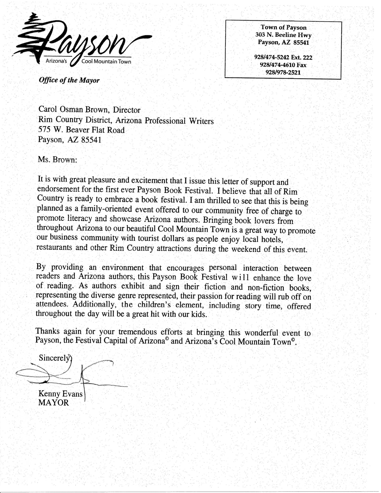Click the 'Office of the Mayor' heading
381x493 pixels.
69,80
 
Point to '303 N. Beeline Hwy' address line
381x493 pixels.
283,35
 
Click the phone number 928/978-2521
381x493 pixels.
283,73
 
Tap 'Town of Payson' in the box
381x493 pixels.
283,28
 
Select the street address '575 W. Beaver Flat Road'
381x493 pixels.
82,130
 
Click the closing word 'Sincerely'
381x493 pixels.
54,358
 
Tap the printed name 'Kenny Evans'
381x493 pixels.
60,393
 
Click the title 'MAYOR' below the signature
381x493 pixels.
54,403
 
